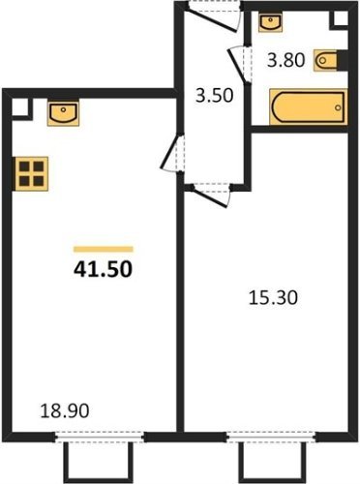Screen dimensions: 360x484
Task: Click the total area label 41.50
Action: click(103, 269)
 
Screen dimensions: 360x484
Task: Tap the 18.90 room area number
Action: click(65, 411)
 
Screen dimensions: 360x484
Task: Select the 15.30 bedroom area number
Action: click(273, 297)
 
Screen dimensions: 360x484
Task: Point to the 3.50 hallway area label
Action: click(214, 96)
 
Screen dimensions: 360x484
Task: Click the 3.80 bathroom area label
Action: click(285, 60)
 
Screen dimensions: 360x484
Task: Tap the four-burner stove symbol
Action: click(31, 174)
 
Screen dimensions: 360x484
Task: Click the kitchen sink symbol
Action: click(63, 113)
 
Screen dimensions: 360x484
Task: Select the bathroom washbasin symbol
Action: click(270, 22)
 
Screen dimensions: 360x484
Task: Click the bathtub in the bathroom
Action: click(309, 107)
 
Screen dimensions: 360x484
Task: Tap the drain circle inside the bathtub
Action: click(338, 107)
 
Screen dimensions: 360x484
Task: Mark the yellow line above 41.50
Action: click(104, 249)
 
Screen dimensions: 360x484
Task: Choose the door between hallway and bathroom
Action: click(239, 66)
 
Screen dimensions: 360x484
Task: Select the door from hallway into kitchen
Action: click(172, 154)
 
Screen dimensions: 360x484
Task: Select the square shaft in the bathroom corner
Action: click(340, 19)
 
